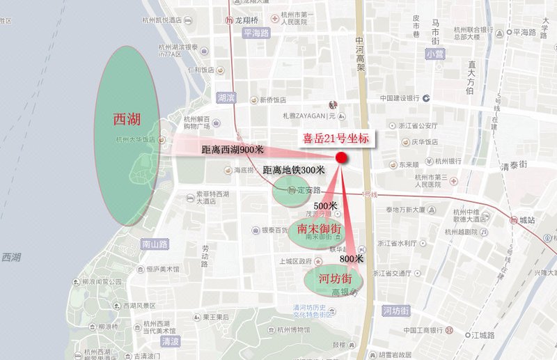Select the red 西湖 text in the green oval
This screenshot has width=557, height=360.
(x=127, y=119)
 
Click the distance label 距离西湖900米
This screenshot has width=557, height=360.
(x=233, y=149)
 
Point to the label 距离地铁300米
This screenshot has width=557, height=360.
(x=293, y=169)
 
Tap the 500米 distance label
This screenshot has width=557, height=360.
(x=325, y=205)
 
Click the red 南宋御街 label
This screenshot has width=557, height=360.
(x=318, y=228)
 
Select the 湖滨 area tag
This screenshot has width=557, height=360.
(x=226, y=97)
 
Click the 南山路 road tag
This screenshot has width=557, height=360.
(x=155, y=244)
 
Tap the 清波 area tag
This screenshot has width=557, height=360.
(x=170, y=342)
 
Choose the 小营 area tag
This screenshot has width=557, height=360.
(x=436, y=53)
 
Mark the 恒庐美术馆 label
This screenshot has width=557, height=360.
(x=159, y=268)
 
